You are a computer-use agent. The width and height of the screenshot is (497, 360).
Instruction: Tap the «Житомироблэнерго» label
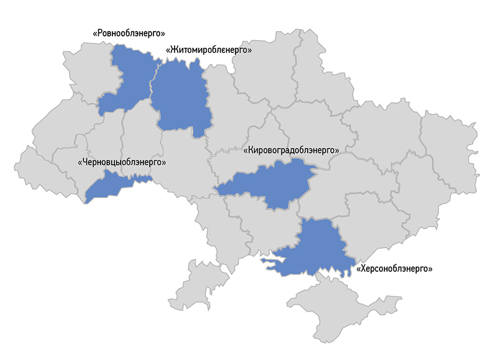[209, 50]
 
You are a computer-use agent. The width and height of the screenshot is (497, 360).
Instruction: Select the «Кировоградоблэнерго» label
[291, 150]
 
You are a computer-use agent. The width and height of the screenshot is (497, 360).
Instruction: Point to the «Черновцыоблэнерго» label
[122, 161]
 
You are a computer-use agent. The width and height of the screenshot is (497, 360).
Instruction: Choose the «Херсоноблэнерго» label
[394, 269]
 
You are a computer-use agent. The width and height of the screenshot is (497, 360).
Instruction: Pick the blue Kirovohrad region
[273, 183]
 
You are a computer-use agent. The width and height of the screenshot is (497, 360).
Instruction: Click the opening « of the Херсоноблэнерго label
[359, 269]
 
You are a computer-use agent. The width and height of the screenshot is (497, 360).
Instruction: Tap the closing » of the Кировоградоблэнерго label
[337, 150]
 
